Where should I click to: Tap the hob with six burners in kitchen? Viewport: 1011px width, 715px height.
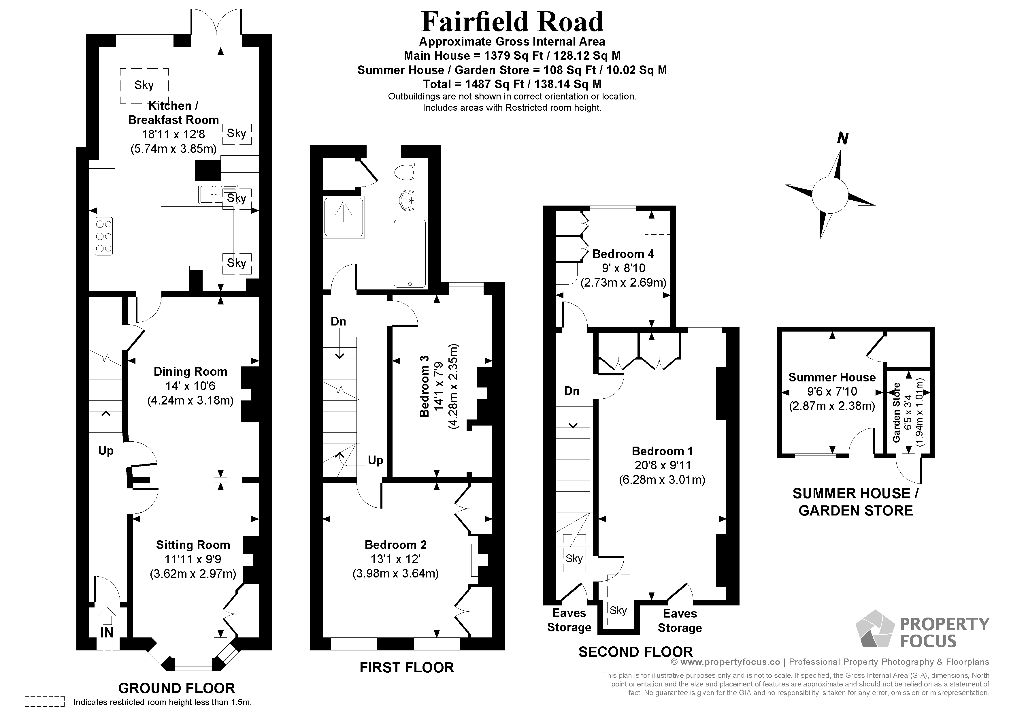click(103, 237)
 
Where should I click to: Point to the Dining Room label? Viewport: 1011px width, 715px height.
click(190, 371)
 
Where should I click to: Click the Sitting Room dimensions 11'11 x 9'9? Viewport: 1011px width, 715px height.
click(193, 559)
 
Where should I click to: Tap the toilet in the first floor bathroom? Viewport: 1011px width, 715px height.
click(404, 172)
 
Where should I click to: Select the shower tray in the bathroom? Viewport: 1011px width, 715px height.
click(344, 217)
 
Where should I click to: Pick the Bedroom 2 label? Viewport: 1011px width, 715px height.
click(395, 545)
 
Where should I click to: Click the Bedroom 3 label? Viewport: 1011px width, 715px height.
click(424, 392)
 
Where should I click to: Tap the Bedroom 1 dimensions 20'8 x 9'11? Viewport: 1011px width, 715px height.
click(662, 465)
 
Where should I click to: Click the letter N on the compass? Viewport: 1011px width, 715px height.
click(842, 139)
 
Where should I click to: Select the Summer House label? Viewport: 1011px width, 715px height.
click(831, 377)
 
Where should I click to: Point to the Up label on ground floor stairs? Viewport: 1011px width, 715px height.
click(106, 451)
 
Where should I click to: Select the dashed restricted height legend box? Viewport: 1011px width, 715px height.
click(44, 701)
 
